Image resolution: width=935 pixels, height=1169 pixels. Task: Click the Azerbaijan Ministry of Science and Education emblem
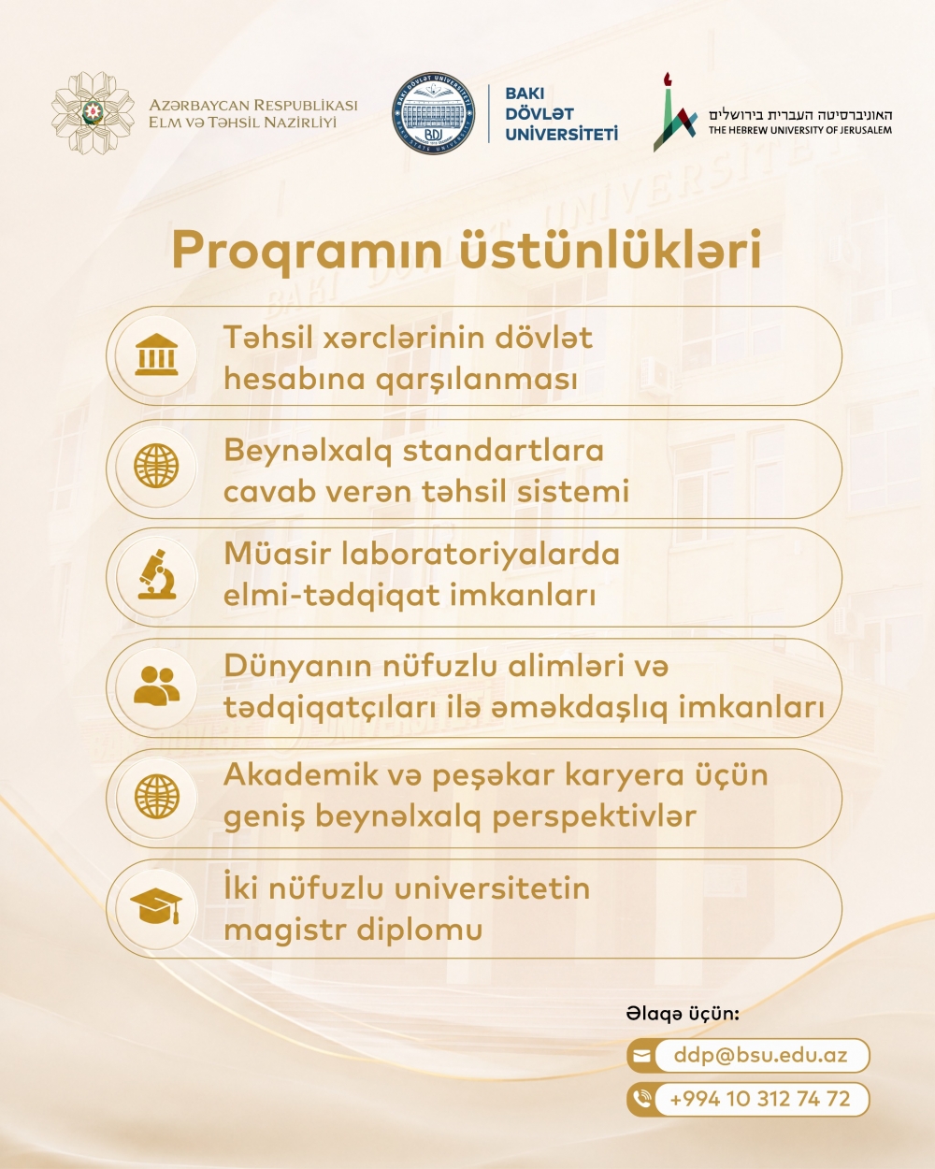click(x=93, y=113)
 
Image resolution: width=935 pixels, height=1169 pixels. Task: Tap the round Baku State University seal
click(x=433, y=113)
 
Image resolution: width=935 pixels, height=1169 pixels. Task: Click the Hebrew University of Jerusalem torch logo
click(x=675, y=112)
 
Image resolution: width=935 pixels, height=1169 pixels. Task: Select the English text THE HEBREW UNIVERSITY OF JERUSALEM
click(x=799, y=130)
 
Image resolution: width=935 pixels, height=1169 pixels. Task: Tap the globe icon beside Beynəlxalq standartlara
click(x=156, y=466)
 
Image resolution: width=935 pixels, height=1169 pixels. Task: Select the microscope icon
click(x=156, y=575)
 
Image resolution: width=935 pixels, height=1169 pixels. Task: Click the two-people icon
click(x=156, y=686)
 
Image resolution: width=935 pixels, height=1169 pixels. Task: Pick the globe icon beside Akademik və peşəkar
click(x=156, y=797)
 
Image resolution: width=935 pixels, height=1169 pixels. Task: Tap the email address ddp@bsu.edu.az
click(x=760, y=1054)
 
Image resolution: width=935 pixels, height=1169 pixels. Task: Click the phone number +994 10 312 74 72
click(x=760, y=1099)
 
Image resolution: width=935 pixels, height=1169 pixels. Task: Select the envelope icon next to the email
click(x=641, y=1056)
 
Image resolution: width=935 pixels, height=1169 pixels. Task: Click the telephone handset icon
click(x=642, y=1100)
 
